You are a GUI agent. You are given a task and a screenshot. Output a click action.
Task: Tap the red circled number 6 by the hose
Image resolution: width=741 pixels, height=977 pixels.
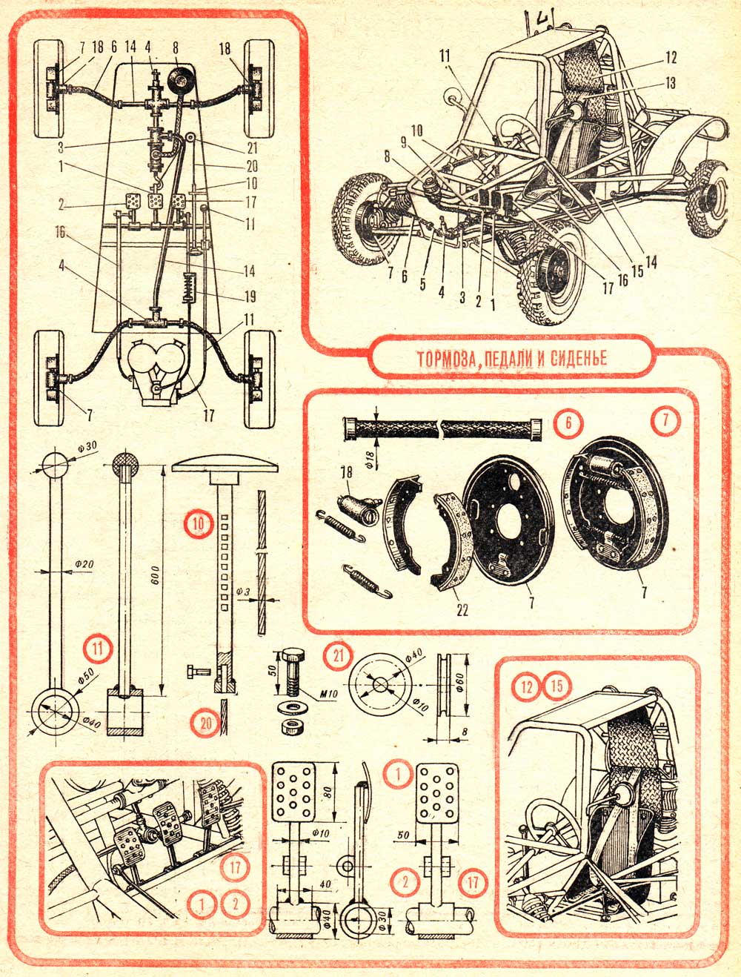tap(568, 423)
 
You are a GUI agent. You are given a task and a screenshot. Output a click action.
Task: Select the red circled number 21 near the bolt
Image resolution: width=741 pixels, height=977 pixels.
tap(339, 655)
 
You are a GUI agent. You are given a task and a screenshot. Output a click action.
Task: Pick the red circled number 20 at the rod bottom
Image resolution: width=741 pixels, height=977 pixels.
tap(202, 721)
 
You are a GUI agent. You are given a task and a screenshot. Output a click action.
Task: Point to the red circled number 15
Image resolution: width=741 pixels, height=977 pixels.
tap(557, 686)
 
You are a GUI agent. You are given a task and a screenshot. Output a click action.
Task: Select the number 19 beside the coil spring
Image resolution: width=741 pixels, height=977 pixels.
tap(250, 297)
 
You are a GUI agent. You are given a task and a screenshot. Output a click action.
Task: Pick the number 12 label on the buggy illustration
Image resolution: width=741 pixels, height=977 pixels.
tap(671, 56)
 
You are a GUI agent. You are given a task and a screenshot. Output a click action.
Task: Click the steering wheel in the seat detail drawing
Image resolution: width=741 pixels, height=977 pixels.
tap(552, 823)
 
